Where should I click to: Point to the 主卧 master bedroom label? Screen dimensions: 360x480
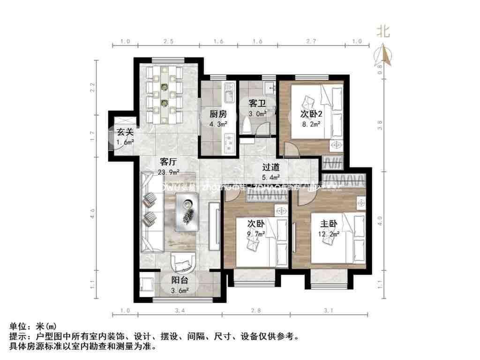click(x=326, y=224)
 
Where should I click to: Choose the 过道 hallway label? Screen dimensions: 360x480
click(x=271, y=167)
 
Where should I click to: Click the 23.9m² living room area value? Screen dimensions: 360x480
click(x=168, y=172)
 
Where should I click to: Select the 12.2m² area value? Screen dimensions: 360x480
click(x=327, y=234)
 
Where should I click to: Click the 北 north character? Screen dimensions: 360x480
click(x=383, y=31)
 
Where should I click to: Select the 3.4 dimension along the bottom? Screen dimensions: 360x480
click(x=180, y=310)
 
